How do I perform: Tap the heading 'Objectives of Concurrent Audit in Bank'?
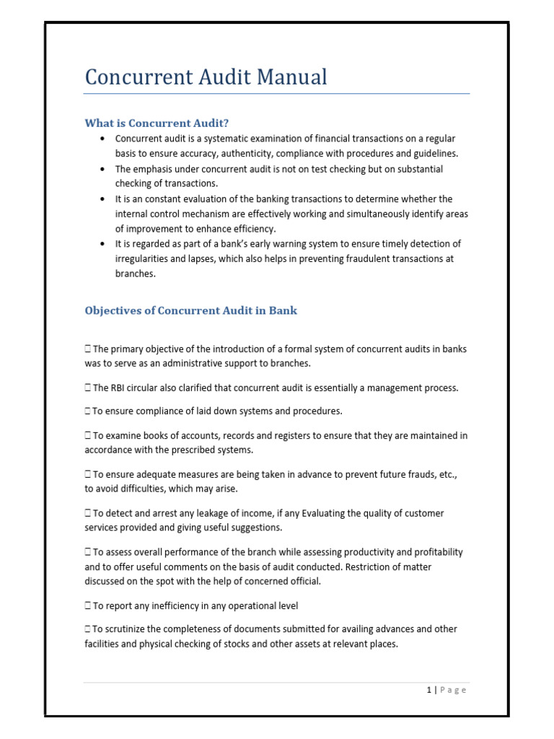[x=190, y=310]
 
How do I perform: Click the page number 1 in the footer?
[x=428, y=690]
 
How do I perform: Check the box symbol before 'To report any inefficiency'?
[x=87, y=605]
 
